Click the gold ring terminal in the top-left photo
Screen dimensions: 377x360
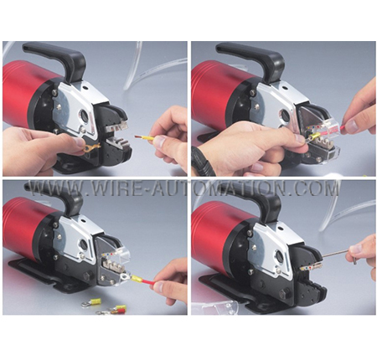[x=90, y=147]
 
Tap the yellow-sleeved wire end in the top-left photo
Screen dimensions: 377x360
[x=144, y=137]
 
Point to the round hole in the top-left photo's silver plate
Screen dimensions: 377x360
[x=83, y=114]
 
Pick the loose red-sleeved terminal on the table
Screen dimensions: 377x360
[x=115, y=310]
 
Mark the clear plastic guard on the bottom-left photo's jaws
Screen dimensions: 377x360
[x=113, y=251]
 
